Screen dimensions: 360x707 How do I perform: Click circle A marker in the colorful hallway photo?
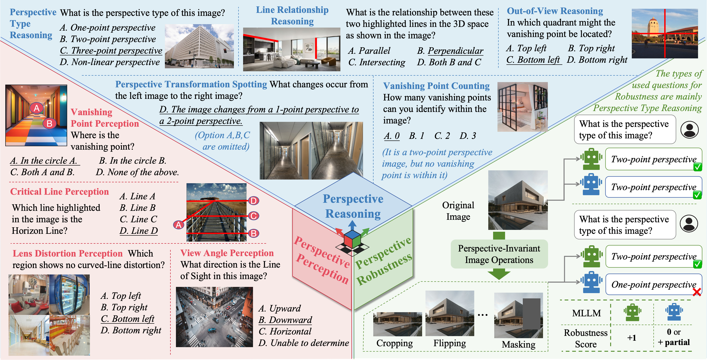37,108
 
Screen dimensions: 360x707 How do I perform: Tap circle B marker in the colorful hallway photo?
49,123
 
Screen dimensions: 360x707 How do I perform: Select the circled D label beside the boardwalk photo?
253,201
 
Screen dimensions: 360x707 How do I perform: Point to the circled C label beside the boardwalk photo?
253,216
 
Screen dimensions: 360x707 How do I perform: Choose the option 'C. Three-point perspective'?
111,51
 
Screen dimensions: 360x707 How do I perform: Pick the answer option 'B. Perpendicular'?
450,51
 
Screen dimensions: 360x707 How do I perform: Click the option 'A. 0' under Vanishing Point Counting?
392,136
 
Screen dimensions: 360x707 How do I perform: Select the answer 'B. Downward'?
285,320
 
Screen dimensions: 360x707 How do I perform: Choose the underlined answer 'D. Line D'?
139,231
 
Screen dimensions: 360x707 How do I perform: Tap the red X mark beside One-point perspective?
697,292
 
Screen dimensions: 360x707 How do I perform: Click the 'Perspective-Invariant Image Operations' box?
499,254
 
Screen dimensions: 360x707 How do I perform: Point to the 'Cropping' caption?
394,343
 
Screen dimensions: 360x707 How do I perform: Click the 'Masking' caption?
518,344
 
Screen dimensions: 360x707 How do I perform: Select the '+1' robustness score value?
632,337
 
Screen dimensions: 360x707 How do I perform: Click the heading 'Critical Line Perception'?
59,191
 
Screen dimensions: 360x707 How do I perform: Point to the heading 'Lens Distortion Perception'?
68,253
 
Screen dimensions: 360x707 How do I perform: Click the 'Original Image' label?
458,211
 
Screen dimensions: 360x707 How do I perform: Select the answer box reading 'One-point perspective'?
653,285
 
